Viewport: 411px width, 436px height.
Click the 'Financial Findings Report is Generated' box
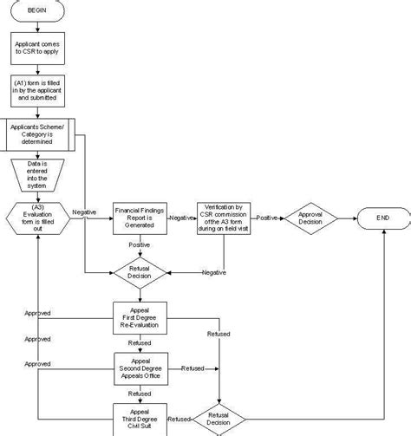(140, 217)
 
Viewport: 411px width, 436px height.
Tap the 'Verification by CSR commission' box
(224, 217)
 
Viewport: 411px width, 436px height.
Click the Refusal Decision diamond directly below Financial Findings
(140, 274)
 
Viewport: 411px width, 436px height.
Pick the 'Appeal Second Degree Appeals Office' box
(140, 368)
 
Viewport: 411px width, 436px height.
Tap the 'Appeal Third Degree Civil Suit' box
(140, 418)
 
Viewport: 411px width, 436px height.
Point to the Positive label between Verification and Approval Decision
(266, 217)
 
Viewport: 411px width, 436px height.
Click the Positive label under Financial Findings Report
(140, 245)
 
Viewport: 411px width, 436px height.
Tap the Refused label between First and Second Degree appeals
(140, 343)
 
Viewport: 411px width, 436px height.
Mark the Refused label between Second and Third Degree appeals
(140, 393)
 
